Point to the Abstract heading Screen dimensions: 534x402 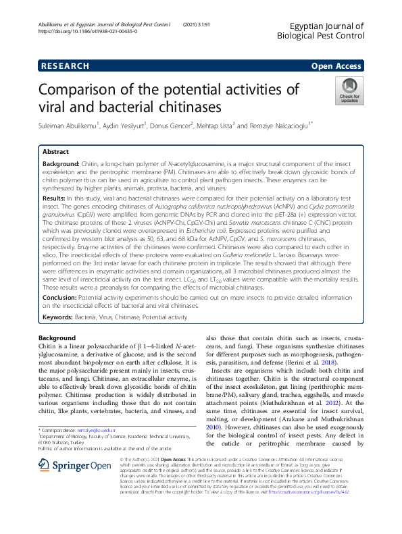pyautogui.click(x=55, y=153)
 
